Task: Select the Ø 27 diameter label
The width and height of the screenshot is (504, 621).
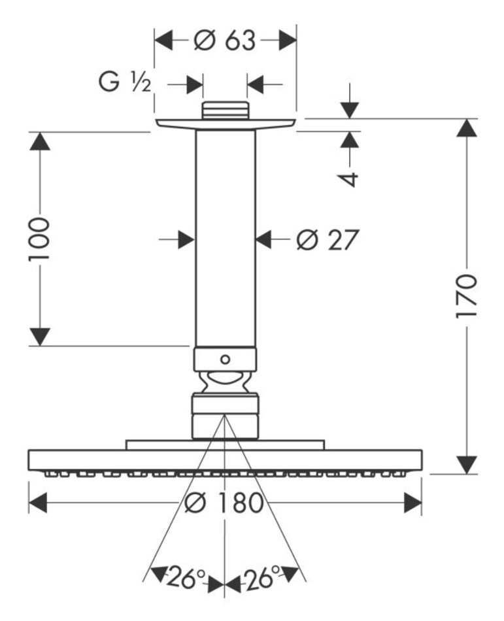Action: [327, 241]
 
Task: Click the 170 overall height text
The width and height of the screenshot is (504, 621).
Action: [467, 297]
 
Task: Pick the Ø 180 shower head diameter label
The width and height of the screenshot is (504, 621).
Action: [224, 503]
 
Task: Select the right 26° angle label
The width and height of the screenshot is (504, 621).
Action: [262, 577]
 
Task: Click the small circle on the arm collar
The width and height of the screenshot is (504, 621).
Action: [225, 359]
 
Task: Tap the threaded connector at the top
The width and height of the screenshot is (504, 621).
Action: [225, 110]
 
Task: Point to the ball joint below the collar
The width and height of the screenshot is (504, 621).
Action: [225, 382]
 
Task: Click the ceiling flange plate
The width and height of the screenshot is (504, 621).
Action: [225, 123]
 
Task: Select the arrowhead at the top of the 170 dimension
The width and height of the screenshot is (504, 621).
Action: [467, 127]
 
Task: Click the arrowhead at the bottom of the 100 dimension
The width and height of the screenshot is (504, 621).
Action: [41, 337]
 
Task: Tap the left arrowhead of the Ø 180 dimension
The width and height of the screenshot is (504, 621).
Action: [39, 503]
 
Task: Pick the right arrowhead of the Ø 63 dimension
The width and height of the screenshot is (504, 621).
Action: [288, 41]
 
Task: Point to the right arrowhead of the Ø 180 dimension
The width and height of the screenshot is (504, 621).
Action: [412, 503]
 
